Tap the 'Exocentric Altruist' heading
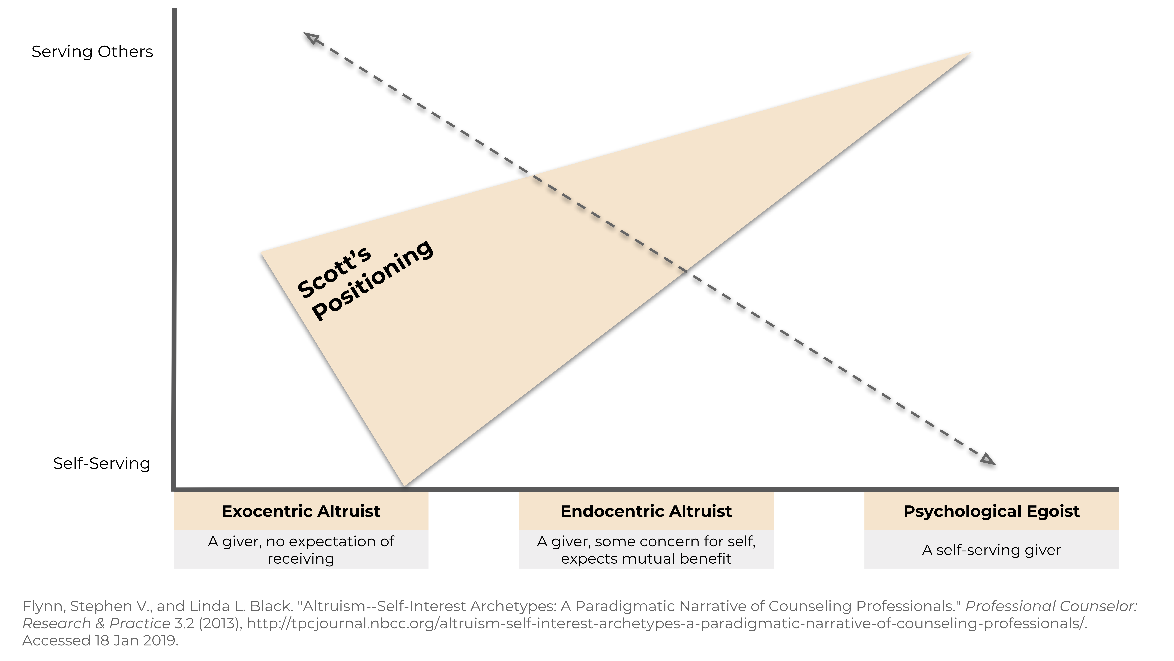[x=301, y=511]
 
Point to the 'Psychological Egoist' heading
[x=991, y=511]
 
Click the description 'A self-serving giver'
[x=991, y=550]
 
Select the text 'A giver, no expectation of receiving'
[x=301, y=550]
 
